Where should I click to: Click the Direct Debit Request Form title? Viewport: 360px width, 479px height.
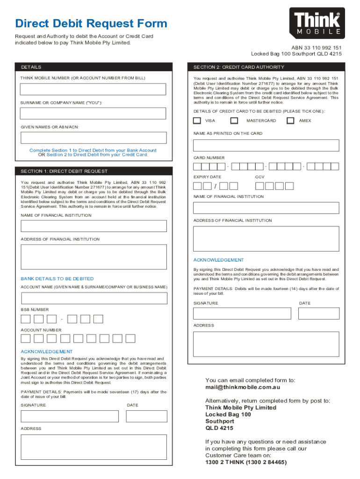[91, 23]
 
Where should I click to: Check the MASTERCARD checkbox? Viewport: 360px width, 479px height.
[234, 121]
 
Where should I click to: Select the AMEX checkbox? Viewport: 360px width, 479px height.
[290, 121]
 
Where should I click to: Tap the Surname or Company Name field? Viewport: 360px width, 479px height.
[93, 114]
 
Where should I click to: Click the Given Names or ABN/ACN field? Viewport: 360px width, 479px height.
[93, 138]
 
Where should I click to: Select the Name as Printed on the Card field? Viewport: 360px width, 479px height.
[266, 145]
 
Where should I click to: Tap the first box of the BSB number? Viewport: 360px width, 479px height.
[26, 319]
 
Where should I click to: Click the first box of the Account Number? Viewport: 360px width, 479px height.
[26, 338]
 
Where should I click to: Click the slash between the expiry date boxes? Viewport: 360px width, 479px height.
[215, 187]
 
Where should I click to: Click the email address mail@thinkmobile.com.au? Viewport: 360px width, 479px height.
[243, 387]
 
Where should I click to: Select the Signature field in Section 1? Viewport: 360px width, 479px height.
[67, 416]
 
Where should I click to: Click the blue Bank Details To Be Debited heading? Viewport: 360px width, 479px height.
[57, 279]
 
